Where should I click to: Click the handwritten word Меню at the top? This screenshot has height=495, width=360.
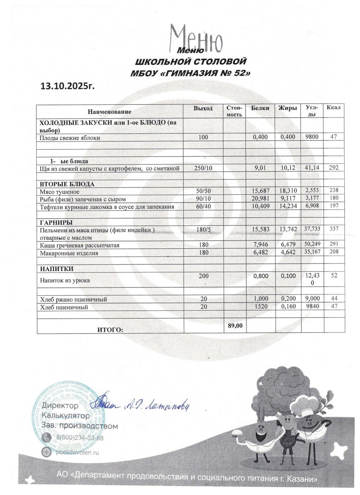(x=197, y=38)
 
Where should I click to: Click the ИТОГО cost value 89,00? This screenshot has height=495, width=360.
(x=235, y=326)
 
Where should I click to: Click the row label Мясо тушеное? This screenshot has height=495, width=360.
(x=59, y=192)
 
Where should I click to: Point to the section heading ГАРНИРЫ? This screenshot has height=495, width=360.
(x=56, y=222)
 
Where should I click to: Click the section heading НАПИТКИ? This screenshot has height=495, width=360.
(x=56, y=269)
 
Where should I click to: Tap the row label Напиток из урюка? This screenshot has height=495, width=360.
(x=65, y=280)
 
